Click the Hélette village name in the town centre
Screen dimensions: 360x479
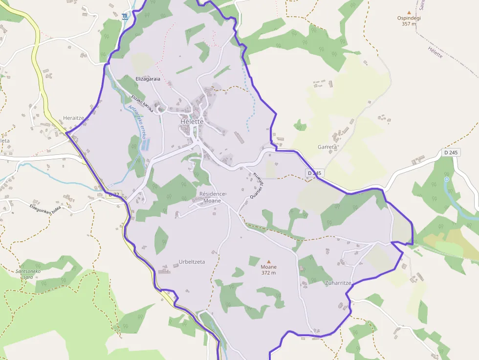tap(191, 121)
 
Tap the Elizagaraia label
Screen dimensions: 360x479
tap(148, 79)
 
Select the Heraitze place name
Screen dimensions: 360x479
tap(74, 118)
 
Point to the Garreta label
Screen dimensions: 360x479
tap(327, 147)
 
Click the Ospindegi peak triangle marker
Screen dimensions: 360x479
tap(409, 12)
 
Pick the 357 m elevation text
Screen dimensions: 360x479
tap(409, 24)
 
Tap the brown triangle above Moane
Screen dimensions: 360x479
tap(268, 261)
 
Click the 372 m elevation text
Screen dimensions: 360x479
tap(268, 273)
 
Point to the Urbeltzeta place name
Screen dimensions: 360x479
tap(192, 262)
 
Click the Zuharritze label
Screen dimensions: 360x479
tap(338, 283)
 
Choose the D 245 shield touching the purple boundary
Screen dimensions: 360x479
tap(315, 173)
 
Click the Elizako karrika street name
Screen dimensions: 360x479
tap(142, 103)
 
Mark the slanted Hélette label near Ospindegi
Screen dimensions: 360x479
tap(435, 52)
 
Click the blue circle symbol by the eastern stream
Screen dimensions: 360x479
tap(446, 179)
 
